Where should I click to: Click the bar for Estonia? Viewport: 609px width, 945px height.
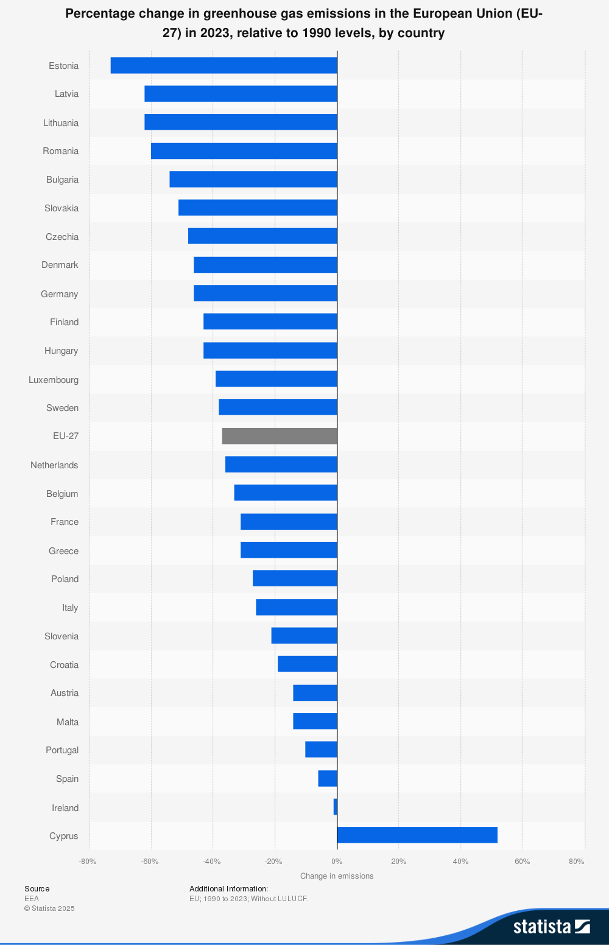[x=224, y=65]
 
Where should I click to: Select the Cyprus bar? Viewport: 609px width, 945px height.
[x=417, y=835]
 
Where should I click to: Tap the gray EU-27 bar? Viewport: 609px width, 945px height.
[x=280, y=436]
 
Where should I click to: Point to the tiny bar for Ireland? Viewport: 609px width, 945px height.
[x=335, y=807]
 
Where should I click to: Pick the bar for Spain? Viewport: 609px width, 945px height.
[x=328, y=778]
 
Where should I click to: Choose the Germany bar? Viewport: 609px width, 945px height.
[x=266, y=293]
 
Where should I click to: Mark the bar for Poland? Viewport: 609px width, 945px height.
[x=295, y=578]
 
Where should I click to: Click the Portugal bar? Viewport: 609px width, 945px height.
[x=321, y=750]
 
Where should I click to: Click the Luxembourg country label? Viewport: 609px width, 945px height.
[x=54, y=380]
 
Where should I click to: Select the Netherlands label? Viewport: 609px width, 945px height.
[x=54, y=465]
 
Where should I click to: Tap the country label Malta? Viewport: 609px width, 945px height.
[x=68, y=722]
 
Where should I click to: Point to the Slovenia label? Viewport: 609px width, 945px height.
[x=62, y=636]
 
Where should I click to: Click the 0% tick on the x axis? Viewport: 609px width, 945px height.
[x=337, y=862]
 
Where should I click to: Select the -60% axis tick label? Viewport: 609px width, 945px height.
[x=150, y=862]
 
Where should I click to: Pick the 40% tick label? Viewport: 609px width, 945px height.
[x=460, y=862]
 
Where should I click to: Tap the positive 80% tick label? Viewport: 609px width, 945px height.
[x=576, y=862]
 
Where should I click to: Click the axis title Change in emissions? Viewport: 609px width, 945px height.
[x=337, y=876]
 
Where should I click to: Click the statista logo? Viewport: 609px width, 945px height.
[x=551, y=926]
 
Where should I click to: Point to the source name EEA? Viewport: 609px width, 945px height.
[x=32, y=899]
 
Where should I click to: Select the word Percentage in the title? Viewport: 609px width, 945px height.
[x=99, y=13]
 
